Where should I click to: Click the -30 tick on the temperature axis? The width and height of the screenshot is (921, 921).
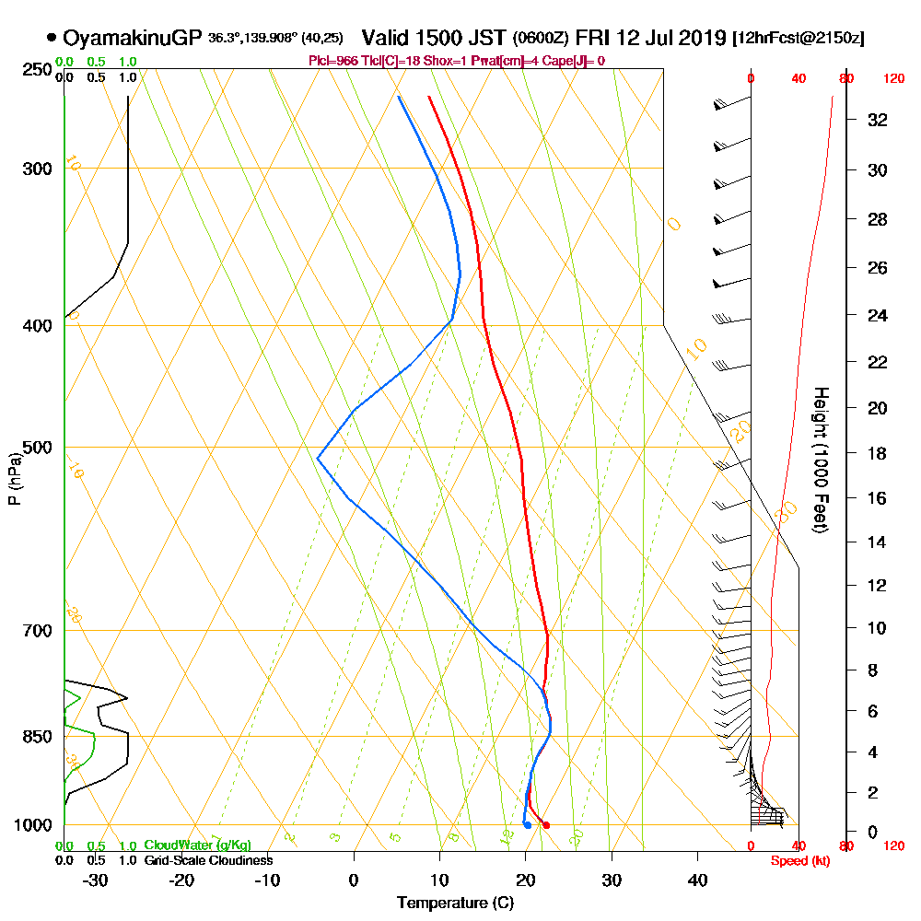96,880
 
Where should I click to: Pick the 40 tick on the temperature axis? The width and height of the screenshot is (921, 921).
697,880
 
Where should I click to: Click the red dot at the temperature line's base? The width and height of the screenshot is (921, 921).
546,825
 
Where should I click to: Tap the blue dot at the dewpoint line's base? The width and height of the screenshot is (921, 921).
527,825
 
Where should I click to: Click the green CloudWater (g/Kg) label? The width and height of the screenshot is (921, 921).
197,845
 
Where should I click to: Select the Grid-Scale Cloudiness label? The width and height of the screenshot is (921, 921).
208,860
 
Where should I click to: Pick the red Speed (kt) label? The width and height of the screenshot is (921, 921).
797,860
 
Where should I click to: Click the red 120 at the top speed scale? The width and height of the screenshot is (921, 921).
892,79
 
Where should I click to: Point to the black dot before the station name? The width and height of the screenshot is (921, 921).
51,38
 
